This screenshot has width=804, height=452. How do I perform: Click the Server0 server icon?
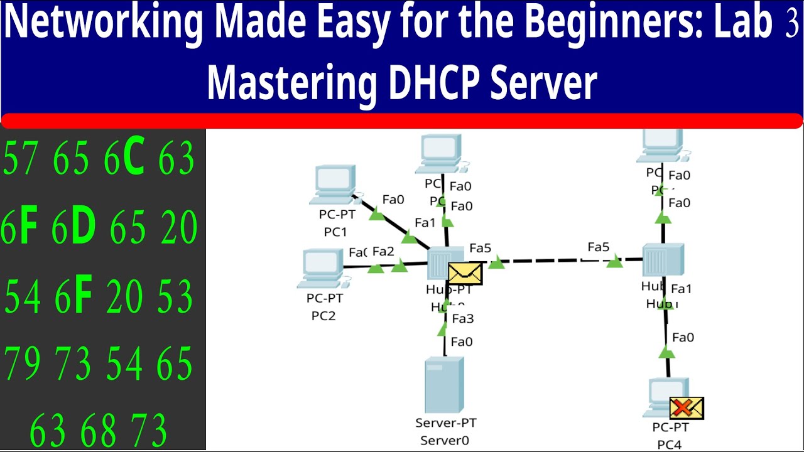pyautogui.click(x=444, y=384)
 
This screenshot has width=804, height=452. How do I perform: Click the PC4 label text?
pyautogui.click(x=669, y=444)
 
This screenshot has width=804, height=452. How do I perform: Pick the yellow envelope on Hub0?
pyautogui.click(x=465, y=274)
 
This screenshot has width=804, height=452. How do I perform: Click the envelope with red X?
pyautogui.click(x=687, y=408)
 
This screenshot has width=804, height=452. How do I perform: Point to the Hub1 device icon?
pyautogui.click(x=663, y=260)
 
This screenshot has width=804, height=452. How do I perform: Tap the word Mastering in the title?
pyautogui.click(x=292, y=84)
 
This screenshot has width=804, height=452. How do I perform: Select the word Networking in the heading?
pyautogui.click(x=104, y=24)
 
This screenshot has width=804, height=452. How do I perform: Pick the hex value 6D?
pyautogui.click(x=73, y=227)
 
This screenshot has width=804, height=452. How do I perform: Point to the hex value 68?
pyautogui.click(x=99, y=431)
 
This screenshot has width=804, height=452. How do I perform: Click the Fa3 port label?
pyautogui.click(x=462, y=319)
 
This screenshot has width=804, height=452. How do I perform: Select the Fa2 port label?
pyautogui.click(x=383, y=252)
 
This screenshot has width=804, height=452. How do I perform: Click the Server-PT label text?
pyautogui.click(x=445, y=423)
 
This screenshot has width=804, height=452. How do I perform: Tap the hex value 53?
pyautogui.click(x=175, y=296)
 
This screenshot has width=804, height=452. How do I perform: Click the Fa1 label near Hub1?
pyautogui.click(x=681, y=289)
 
